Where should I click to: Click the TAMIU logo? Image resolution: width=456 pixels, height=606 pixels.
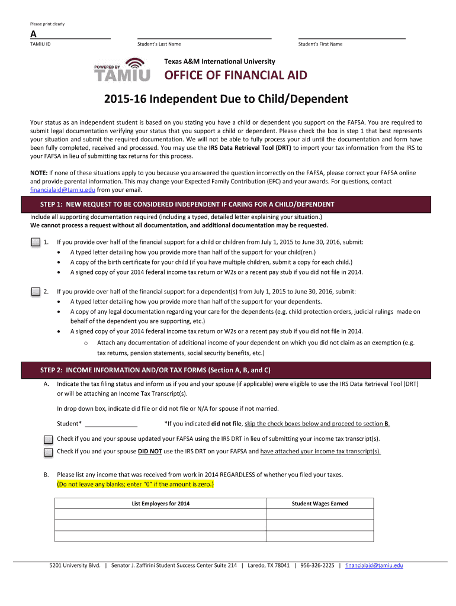pyautogui.click(x=122, y=70)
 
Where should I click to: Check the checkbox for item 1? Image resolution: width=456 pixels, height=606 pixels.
pyautogui.click(x=35, y=242)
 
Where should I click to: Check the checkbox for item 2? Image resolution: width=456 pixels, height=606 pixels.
pyautogui.click(x=35, y=291)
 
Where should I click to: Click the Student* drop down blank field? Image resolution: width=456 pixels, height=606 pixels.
pyautogui.click(x=111, y=423)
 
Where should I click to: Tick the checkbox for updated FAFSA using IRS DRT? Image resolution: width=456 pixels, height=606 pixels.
pyautogui.click(x=48, y=440)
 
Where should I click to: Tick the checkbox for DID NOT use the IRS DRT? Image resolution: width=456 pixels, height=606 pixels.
pyautogui.click(x=48, y=452)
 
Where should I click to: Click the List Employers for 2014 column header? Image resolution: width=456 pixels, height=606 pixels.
pyautogui.click(x=160, y=504)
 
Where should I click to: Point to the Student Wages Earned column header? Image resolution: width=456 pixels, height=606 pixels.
pyautogui.click(x=320, y=504)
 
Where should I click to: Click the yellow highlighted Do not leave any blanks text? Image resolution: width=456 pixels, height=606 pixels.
pyautogui.click(x=136, y=483)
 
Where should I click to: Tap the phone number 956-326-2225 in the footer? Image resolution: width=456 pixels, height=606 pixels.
pyautogui.click(x=317, y=565)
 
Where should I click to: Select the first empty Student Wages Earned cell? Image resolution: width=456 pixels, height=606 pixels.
pyautogui.click(x=320, y=514)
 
